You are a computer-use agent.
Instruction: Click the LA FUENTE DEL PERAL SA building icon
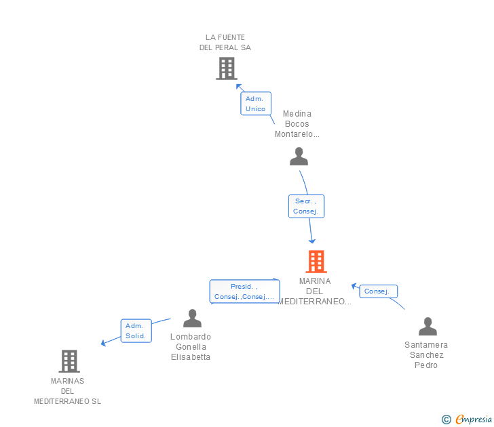pos(226,68)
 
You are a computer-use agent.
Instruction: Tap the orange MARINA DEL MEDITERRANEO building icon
pos(316,262)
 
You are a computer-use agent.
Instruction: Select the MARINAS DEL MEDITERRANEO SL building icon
pos(69,361)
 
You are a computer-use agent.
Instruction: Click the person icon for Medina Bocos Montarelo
pos(299,157)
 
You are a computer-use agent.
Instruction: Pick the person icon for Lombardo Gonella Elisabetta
pos(192,318)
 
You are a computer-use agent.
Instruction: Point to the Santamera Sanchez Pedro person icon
pos(427,326)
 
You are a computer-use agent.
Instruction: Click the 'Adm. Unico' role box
pos(256,104)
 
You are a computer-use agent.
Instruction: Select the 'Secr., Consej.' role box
pos(306,206)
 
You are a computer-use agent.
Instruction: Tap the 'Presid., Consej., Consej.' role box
pos(244,291)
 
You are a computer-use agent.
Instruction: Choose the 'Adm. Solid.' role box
pos(136,331)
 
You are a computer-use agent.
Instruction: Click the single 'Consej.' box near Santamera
pos(377,291)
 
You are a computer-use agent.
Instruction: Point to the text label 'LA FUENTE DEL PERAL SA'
pos(225,43)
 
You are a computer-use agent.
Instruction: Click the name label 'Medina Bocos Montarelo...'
pos(297,124)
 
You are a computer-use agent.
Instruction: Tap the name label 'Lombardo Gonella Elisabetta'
pos(191,347)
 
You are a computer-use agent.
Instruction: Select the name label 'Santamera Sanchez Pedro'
pos(426,355)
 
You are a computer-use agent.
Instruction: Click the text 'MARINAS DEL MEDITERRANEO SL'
pos(67,391)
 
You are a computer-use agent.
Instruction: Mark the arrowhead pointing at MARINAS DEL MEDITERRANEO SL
pos(104,342)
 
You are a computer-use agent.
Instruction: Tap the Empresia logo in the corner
pos(473,419)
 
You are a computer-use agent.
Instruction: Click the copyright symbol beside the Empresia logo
pos(446,420)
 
